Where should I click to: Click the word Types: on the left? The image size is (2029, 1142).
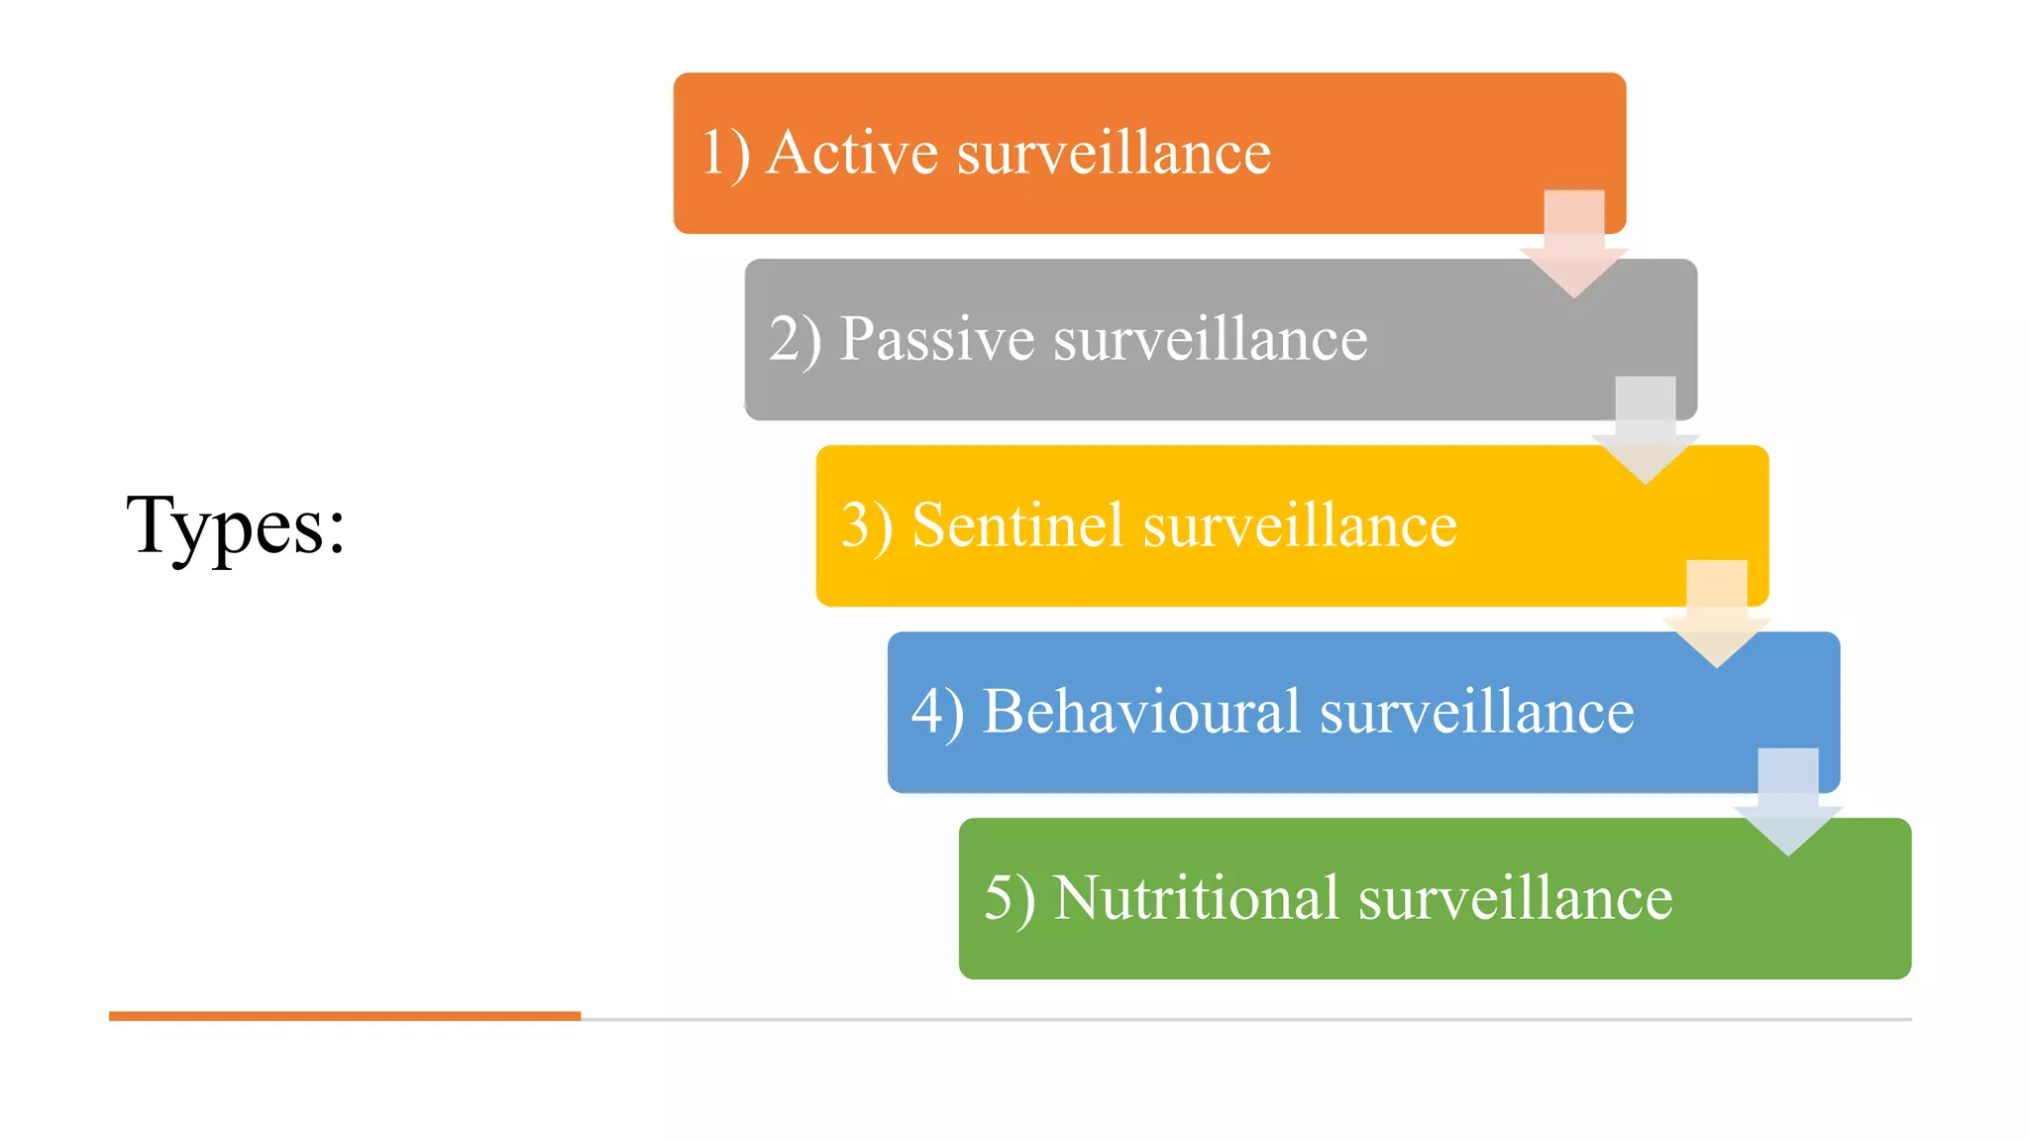coord(236,526)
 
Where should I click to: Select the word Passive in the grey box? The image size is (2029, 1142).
coord(936,339)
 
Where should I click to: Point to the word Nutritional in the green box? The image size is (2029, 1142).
coord(1196,898)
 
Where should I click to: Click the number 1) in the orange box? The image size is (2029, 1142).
coord(724,154)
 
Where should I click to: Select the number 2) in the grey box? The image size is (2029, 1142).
coord(795,340)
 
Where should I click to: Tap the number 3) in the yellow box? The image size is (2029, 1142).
coord(867,525)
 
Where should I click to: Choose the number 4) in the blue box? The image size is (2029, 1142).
coord(937,712)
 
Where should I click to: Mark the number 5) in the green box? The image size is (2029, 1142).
coord(1010,898)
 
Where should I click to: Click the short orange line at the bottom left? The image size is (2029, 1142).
coord(344,1016)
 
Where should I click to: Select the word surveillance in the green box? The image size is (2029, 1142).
coord(1515,898)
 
